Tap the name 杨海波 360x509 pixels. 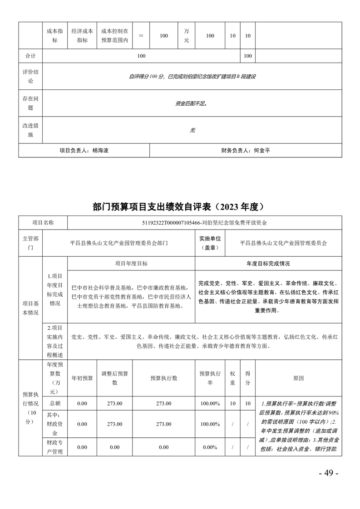coord(100,150)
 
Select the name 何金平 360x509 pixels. coord(261,150)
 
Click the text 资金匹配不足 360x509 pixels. coord(191,103)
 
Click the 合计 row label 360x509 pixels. coord(30,56)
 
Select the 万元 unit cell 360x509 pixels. coord(187,36)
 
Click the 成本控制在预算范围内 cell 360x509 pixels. coord(114,36)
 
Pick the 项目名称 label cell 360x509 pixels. coord(43,223)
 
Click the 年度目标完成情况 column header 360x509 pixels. coord(268,263)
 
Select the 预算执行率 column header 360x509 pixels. coord(210,378)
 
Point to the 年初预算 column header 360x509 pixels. coord(82,378)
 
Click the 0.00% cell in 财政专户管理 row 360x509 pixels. coord(210,447)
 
